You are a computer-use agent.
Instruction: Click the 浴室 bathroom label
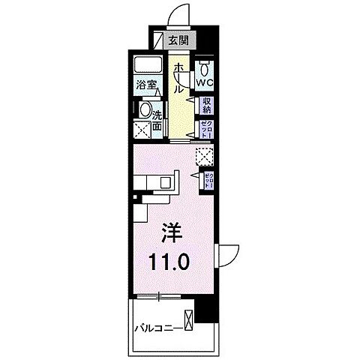(145, 85)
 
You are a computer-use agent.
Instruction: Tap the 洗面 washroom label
(157, 121)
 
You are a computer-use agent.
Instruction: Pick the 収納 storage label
(206, 105)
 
